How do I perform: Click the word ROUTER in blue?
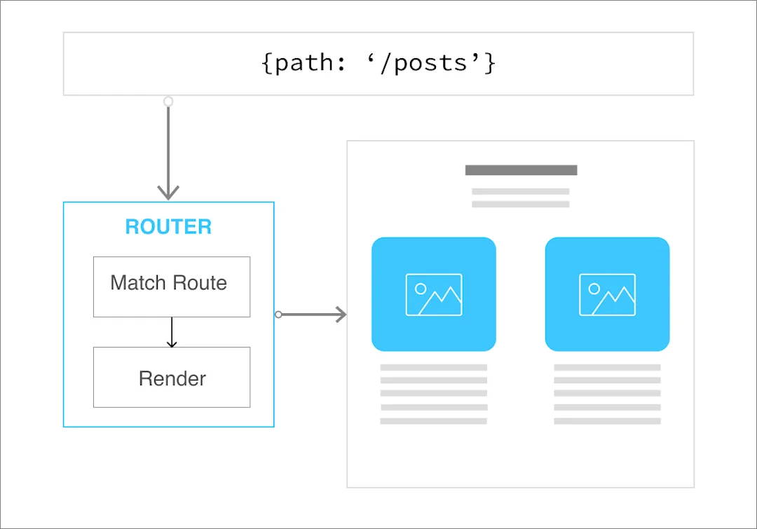(168, 227)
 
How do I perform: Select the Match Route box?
(172, 286)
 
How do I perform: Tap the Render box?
(172, 378)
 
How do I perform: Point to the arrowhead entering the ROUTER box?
(168, 193)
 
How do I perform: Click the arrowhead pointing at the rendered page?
(341, 315)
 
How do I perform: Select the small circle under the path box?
(168, 102)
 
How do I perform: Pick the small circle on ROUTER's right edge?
(278, 315)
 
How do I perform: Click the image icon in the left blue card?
(434, 294)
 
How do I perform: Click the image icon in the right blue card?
(607, 294)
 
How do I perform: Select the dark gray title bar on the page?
(521, 170)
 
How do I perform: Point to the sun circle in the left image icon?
(421, 288)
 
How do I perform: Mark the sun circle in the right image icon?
(594, 288)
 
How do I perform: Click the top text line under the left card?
(433, 367)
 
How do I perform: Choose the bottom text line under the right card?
(607, 421)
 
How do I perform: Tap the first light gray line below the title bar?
(520, 191)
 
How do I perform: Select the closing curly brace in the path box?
(490, 63)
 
